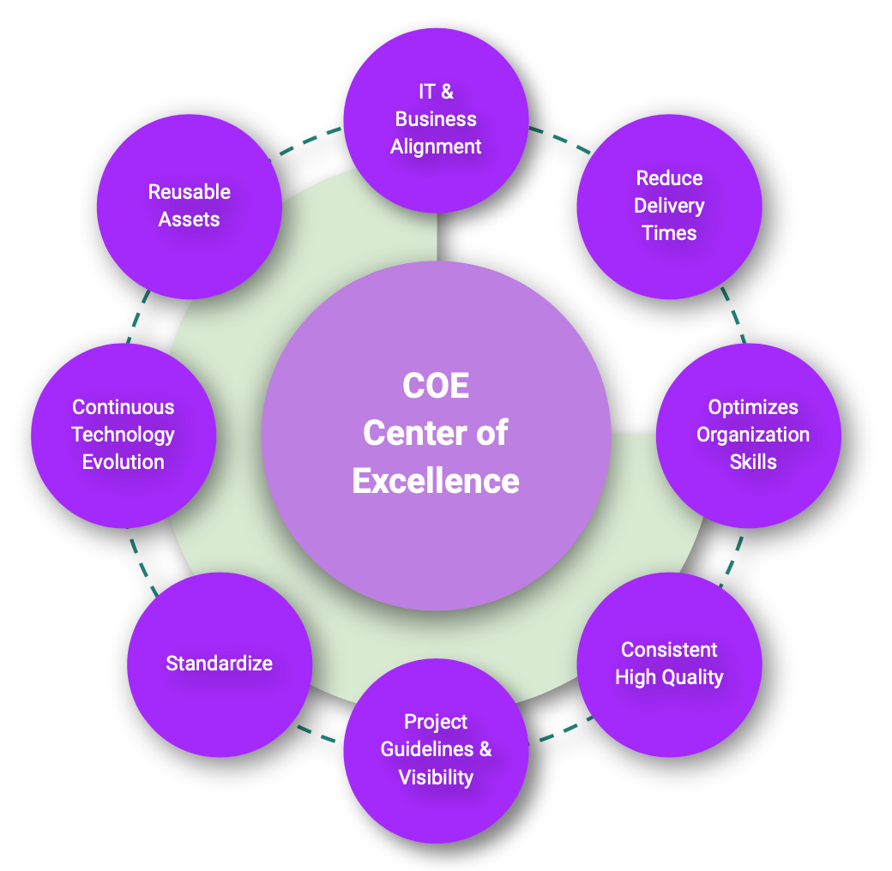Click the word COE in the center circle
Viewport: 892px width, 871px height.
pyautogui.click(x=436, y=386)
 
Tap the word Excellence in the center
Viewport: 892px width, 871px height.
pyautogui.click(x=436, y=481)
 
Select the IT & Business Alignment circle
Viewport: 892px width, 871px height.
pyautogui.click(x=436, y=119)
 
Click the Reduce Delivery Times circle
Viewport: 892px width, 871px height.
pyautogui.click(x=669, y=206)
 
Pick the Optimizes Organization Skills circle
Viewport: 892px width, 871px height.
pyautogui.click(x=748, y=435)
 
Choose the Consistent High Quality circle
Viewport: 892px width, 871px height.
pyautogui.click(x=669, y=664)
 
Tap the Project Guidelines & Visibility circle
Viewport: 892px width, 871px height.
pyautogui.click(x=436, y=750)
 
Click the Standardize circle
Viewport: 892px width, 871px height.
pyautogui.click(x=220, y=664)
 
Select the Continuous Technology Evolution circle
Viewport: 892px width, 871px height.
pyautogui.click(x=124, y=435)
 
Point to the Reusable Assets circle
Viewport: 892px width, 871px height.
pyautogui.click(x=190, y=206)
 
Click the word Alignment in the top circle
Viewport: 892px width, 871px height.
pyautogui.click(x=436, y=147)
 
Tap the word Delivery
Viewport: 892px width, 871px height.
pyautogui.click(x=669, y=206)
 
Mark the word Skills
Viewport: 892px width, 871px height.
pyautogui.click(x=753, y=462)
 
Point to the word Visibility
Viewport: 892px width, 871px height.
pyautogui.click(x=436, y=778)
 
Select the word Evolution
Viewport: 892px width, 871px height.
pyautogui.click(x=124, y=462)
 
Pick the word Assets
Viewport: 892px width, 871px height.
pyautogui.click(x=190, y=219)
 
